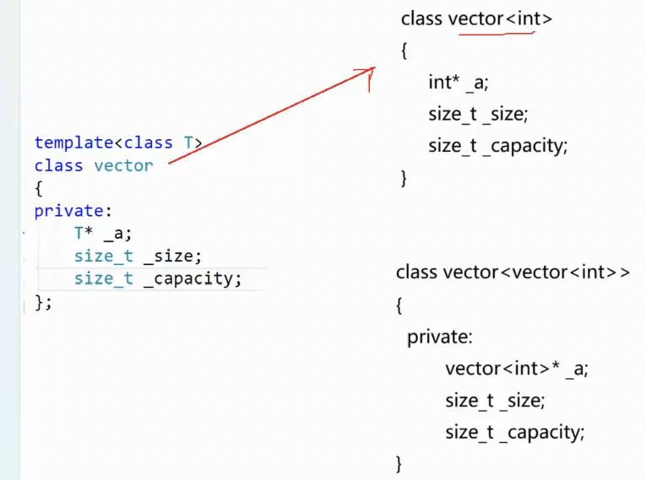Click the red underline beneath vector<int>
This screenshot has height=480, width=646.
tap(497, 34)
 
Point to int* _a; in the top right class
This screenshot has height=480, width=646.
tap(459, 83)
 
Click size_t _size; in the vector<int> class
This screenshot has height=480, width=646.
tap(478, 114)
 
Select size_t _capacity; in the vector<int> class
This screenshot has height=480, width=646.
tap(497, 145)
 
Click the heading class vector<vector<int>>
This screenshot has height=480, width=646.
tap(513, 272)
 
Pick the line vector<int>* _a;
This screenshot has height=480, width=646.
tap(516, 369)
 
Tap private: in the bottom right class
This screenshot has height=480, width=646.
tap(440, 337)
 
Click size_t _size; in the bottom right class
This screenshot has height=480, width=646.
tap(495, 401)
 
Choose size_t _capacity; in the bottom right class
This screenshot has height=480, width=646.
tap(514, 433)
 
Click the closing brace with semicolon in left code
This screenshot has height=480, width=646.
tap(43, 301)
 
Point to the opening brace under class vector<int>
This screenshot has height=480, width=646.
tap(404, 51)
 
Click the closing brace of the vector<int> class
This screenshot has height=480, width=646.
tap(404, 177)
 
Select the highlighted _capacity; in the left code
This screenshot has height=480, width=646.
tap(192, 278)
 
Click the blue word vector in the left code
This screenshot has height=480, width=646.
tap(123, 165)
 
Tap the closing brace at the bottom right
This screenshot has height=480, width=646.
tap(399, 463)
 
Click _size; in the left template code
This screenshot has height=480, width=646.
tap(172, 256)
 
